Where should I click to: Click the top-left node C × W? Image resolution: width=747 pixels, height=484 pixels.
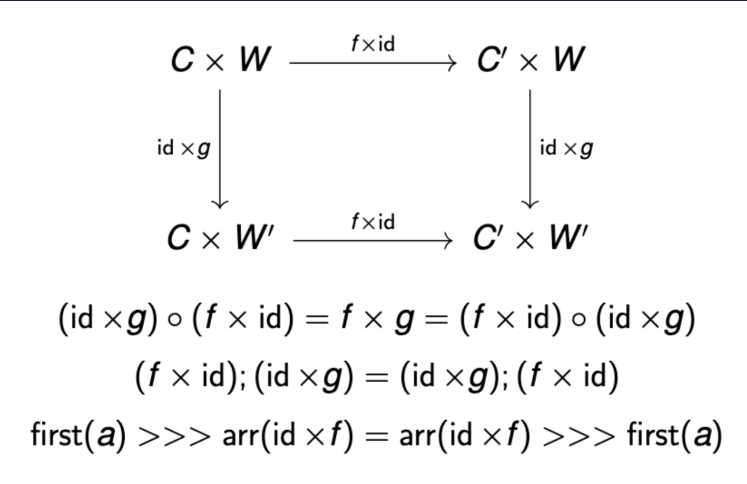click(x=221, y=59)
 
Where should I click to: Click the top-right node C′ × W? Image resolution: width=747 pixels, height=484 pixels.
click(x=530, y=59)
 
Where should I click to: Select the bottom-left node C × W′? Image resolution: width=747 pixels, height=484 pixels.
click(x=221, y=237)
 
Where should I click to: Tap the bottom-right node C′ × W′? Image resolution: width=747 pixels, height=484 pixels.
click(x=530, y=237)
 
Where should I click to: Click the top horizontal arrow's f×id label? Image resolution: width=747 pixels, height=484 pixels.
click(x=373, y=44)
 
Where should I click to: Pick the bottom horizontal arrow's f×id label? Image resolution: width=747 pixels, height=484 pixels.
click(x=373, y=222)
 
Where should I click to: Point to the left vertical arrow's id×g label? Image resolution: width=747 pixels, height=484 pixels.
click(x=184, y=148)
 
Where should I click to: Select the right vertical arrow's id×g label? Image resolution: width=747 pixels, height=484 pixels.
click(x=566, y=148)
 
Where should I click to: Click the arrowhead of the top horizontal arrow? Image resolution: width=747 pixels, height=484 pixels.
click(x=453, y=63)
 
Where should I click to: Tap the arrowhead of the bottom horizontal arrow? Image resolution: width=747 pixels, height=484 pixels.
click(x=449, y=241)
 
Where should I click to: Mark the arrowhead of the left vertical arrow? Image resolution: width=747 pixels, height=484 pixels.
click(x=220, y=205)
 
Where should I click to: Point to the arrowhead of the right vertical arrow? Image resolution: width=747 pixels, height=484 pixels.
click(x=530, y=205)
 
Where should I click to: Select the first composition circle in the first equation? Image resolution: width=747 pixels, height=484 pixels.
click(x=175, y=320)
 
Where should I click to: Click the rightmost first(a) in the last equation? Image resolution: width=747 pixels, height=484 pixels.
click(x=674, y=435)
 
